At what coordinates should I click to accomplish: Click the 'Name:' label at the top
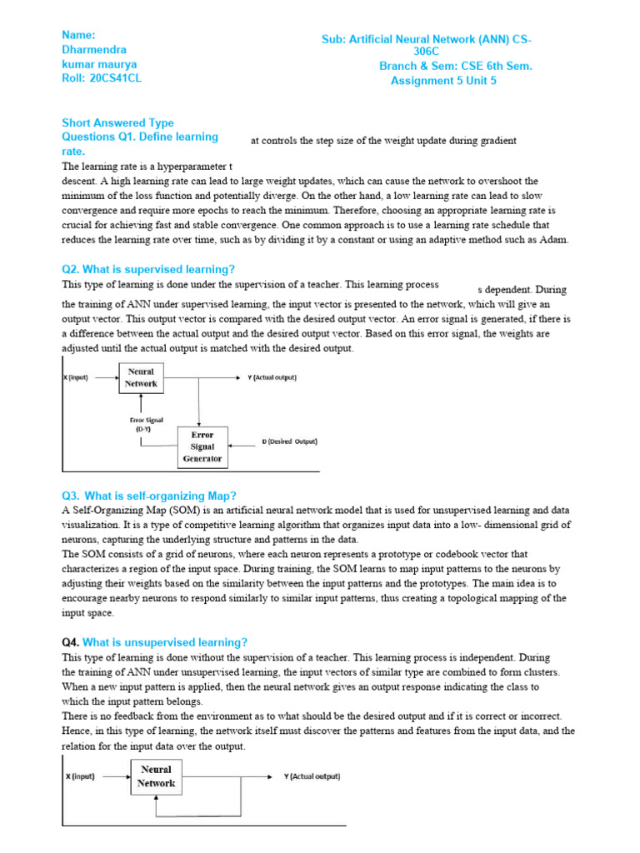(79, 35)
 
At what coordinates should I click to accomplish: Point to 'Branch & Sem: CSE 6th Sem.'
(455, 66)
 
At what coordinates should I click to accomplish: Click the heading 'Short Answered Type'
(117, 122)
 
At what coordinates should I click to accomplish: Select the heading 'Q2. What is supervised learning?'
(148, 269)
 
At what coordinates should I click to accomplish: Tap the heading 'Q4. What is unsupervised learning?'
(155, 642)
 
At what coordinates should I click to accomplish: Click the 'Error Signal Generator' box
(202, 446)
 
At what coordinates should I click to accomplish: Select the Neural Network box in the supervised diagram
(141, 377)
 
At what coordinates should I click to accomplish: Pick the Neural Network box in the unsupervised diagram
(156, 776)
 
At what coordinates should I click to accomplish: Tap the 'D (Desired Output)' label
(289, 441)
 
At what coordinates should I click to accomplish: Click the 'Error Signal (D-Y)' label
(140, 425)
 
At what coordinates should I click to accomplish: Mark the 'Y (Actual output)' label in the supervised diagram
(272, 377)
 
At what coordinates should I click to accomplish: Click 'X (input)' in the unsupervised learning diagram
(81, 776)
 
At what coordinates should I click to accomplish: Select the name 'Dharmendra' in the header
(93, 50)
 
